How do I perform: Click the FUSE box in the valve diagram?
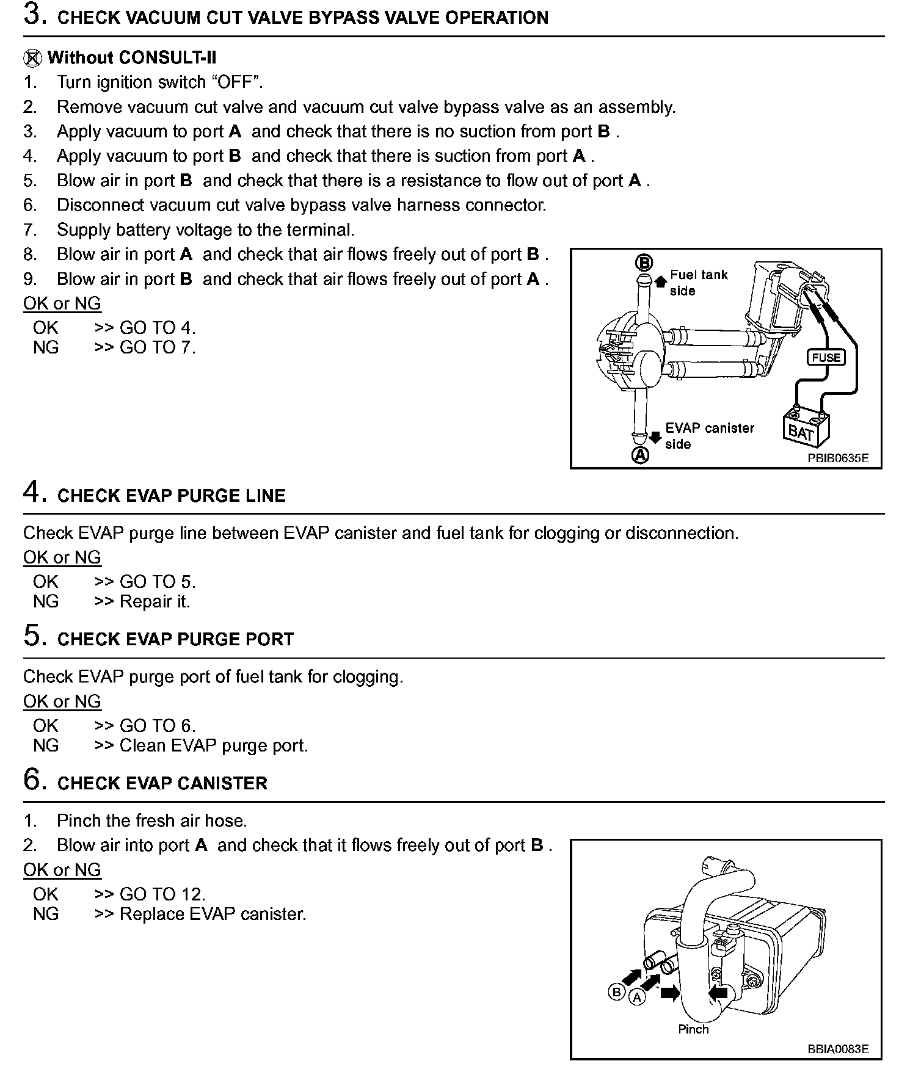pyautogui.click(x=826, y=357)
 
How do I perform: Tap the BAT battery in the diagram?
pyautogui.click(x=806, y=427)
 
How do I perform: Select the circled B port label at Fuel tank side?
pyautogui.click(x=644, y=263)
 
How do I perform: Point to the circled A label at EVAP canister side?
pyautogui.click(x=640, y=455)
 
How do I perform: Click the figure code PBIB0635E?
pyautogui.click(x=837, y=458)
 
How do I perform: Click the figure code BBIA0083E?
pyautogui.click(x=837, y=1049)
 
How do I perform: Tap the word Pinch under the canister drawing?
pyautogui.click(x=693, y=1029)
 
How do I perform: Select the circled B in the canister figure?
pyautogui.click(x=616, y=992)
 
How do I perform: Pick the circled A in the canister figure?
pyautogui.click(x=637, y=998)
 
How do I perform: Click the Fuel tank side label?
pyautogui.click(x=699, y=283)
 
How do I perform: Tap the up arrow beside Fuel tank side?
pyautogui.click(x=660, y=281)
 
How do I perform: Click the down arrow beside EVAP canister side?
pyautogui.click(x=655, y=437)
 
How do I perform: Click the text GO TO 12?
pyautogui.click(x=162, y=894)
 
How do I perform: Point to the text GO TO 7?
pyautogui.click(x=157, y=347)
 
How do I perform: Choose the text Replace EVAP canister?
pyautogui.click(x=213, y=914)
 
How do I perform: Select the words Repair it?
pyautogui.click(x=155, y=601)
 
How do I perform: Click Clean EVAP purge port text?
pyautogui.click(x=213, y=745)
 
